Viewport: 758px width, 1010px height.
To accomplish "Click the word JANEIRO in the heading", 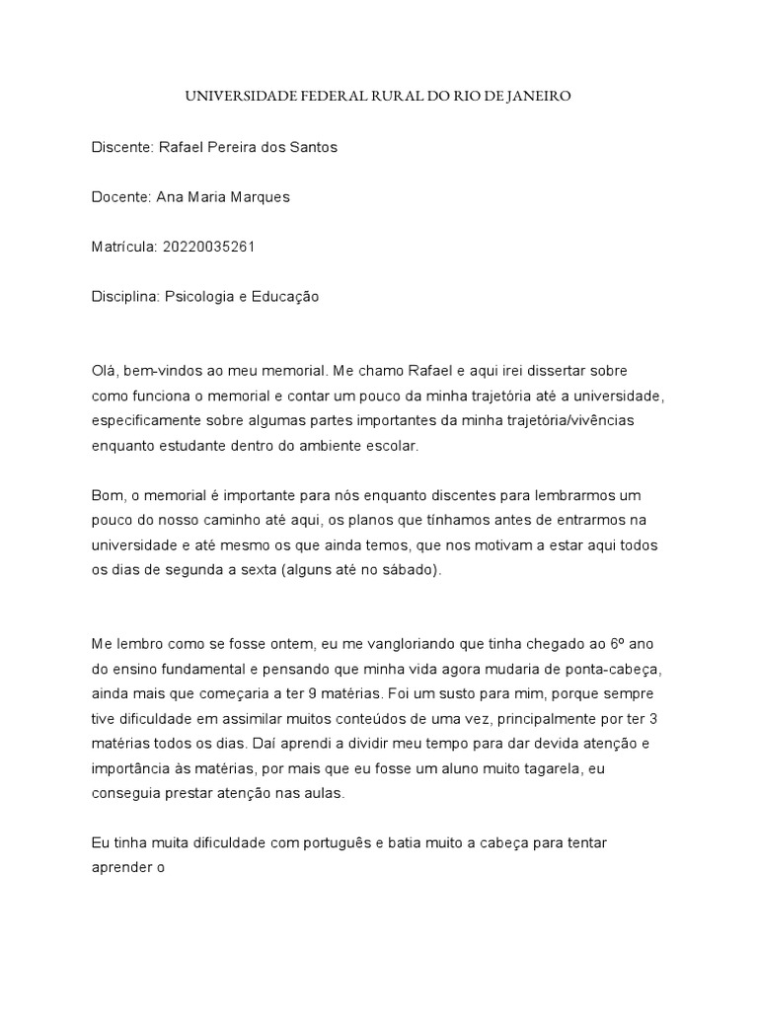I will click(x=538, y=97).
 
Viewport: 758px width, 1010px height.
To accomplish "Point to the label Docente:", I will click(x=120, y=197).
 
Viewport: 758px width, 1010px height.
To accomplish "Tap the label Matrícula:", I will click(x=122, y=247).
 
